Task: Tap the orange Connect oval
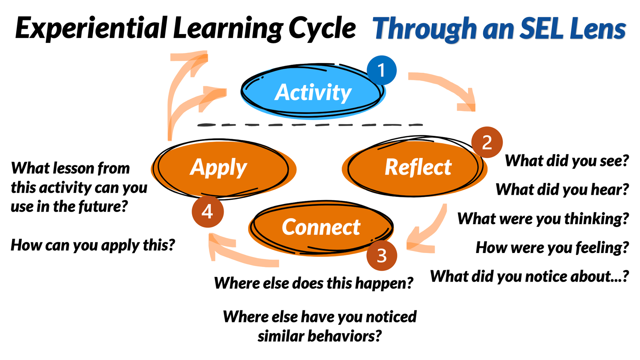click(x=321, y=228)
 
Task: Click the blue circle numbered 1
click(x=382, y=70)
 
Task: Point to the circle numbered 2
click(x=487, y=142)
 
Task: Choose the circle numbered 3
click(x=382, y=256)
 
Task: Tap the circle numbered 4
click(x=207, y=211)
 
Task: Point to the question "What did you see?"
click(x=567, y=161)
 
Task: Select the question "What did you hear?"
click(x=562, y=190)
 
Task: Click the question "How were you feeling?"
click(x=552, y=248)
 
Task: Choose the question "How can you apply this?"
click(x=93, y=245)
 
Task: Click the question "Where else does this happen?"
click(x=313, y=283)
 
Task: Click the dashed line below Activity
click(x=310, y=125)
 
